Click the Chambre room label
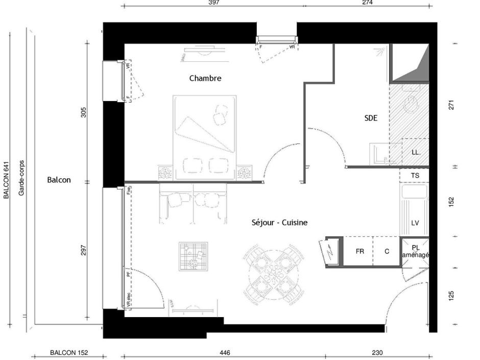[205, 78]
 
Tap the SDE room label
[371, 117]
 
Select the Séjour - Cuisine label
[279, 223]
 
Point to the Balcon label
[59, 180]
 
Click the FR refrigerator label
[360, 251]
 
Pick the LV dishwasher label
[415, 223]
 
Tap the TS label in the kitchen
[415, 175]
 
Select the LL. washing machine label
[416, 152]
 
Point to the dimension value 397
[214, 3]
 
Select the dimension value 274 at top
[367, 3]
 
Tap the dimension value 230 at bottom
[377, 352]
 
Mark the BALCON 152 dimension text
[69, 352]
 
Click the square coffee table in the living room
[194, 256]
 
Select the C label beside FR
[387, 251]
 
